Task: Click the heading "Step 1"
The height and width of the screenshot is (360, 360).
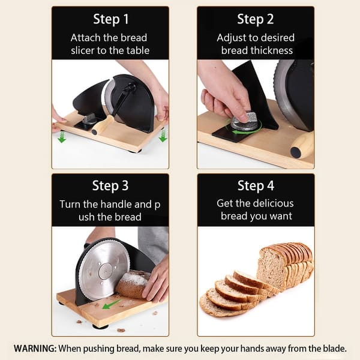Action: tap(110, 20)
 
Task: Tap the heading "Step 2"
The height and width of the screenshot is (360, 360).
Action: tap(256, 20)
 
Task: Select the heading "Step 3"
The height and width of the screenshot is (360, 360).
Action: tap(110, 185)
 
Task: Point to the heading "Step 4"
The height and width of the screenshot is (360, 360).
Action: tap(256, 185)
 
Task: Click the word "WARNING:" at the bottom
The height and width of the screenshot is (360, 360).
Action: tap(38, 348)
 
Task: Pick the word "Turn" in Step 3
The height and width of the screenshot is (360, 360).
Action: tap(71, 204)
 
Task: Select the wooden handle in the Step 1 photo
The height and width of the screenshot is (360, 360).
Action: tap(103, 125)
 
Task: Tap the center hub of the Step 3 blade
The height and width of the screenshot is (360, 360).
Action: tap(104, 268)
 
